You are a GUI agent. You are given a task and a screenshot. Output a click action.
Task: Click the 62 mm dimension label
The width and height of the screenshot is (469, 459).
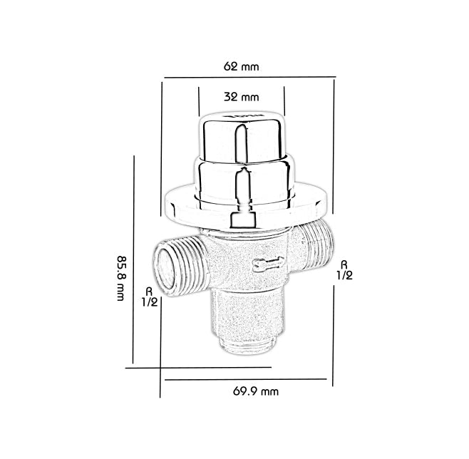click(241, 66)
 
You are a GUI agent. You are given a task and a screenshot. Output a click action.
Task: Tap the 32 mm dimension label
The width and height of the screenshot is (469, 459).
click(241, 97)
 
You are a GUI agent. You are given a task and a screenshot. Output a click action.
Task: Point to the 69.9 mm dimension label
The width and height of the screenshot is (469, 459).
click(256, 391)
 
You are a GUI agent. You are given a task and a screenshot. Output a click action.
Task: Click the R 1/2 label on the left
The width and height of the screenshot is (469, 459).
click(150, 296)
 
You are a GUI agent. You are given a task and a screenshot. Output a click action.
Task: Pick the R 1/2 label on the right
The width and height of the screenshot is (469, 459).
click(344, 270)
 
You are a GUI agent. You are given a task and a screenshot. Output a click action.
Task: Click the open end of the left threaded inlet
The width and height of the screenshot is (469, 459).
click(165, 269)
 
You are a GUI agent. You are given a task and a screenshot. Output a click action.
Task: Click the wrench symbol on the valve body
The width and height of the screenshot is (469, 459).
click(268, 264)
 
